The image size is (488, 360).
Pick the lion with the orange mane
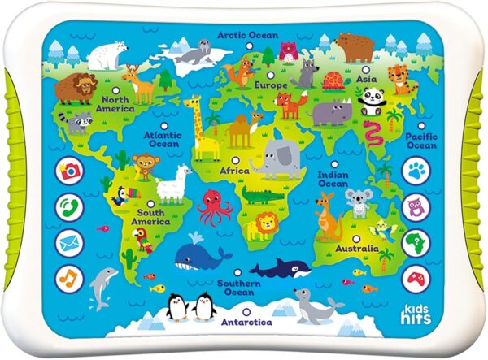tap(264, 228)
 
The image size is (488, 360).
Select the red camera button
tap(69, 171)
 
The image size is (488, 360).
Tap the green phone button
tap(69, 206)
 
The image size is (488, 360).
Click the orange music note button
tap(69, 279)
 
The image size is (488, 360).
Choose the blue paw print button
tap(416, 171)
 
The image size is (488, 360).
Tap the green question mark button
tap(416, 243)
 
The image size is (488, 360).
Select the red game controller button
tap(416, 279)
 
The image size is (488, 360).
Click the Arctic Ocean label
tap(248, 36)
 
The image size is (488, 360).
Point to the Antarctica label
tap(245, 322)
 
